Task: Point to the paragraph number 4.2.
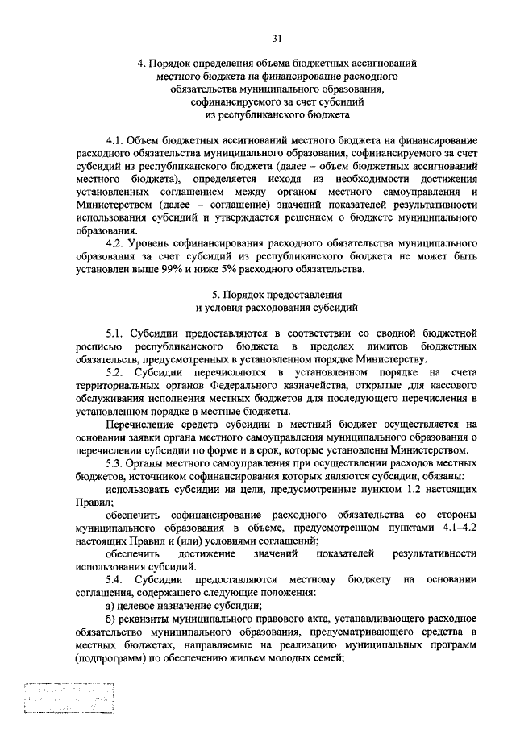(x=116, y=242)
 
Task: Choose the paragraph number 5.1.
(x=117, y=333)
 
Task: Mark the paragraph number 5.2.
(x=117, y=371)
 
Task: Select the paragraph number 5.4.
(x=117, y=579)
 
